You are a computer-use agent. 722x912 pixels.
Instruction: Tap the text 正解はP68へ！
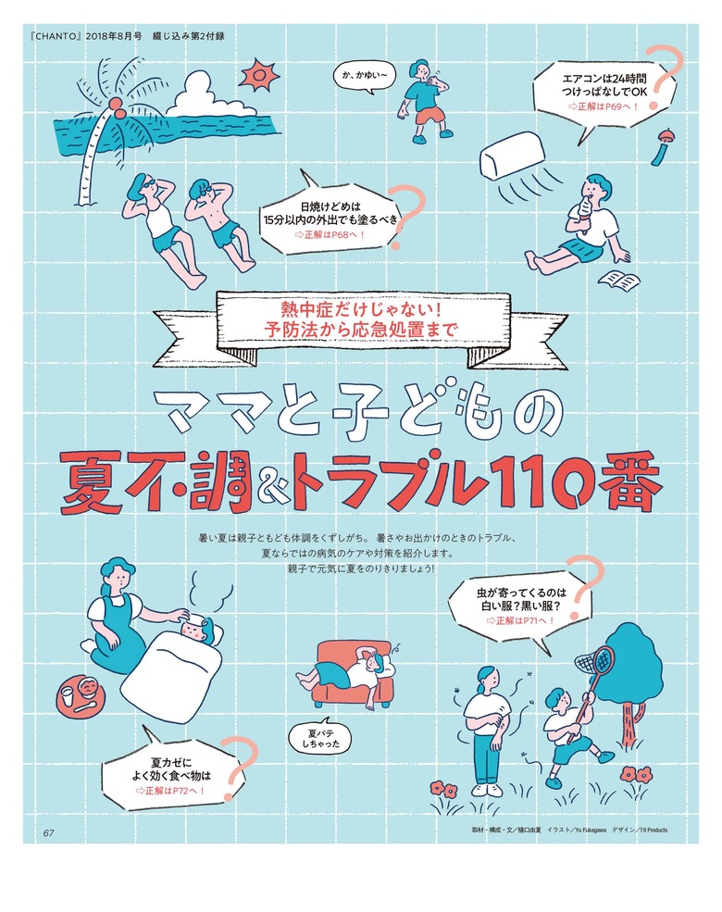point(330,235)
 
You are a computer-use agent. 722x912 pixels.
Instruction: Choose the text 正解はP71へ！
point(519,619)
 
